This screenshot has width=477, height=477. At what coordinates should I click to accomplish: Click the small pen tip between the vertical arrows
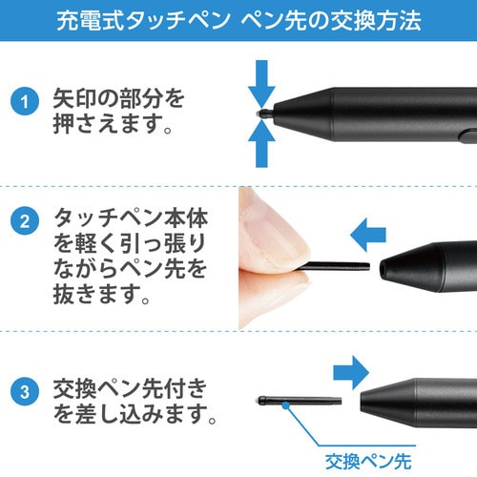tap(262, 114)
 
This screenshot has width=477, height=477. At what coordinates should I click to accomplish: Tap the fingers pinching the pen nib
tap(271, 253)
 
